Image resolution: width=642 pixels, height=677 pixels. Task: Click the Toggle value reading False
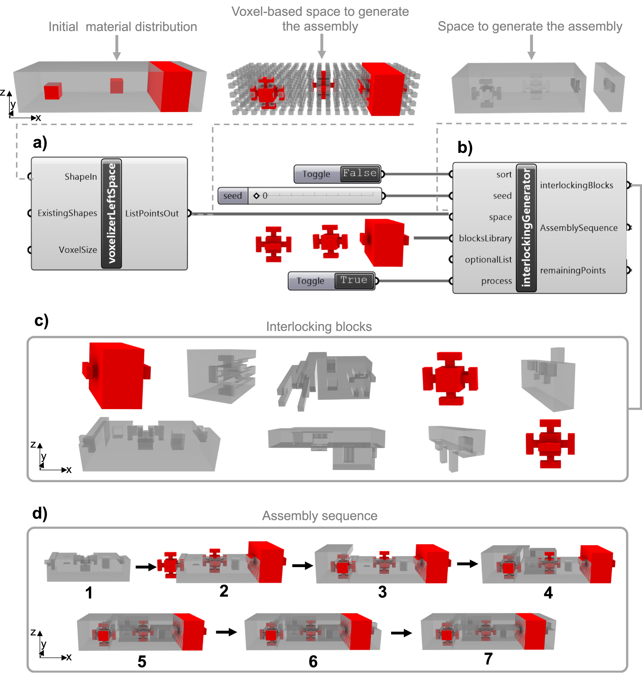(360, 173)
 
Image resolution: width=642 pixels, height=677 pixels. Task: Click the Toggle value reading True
(354, 280)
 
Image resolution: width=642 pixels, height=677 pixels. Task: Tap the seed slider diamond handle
(256, 196)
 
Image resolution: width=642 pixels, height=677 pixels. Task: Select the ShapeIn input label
(81, 177)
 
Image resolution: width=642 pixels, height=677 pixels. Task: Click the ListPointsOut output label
(152, 214)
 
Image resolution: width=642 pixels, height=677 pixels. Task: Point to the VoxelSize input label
(78, 250)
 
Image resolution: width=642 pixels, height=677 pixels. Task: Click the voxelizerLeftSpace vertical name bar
(111, 214)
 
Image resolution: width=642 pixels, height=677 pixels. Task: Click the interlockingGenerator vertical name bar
(526, 228)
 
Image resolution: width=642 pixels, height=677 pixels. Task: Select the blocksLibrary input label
(485, 238)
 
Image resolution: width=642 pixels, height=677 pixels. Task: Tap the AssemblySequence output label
(578, 228)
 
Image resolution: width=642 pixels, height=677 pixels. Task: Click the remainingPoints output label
(573, 271)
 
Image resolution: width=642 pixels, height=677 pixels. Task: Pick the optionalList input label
(488, 260)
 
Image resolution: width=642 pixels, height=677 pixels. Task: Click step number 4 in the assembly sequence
(548, 593)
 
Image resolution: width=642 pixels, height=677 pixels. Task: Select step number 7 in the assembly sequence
(488, 659)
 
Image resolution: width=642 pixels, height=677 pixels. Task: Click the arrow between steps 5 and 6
(226, 632)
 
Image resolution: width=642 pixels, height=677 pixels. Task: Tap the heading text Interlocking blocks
(319, 327)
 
